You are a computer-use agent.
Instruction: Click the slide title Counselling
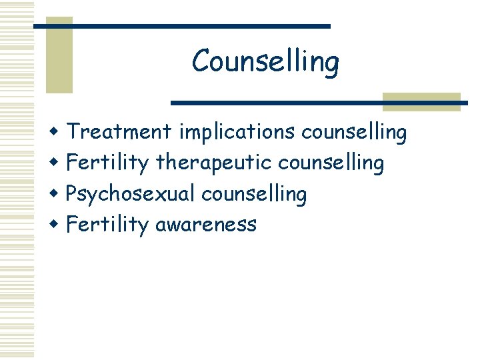265,62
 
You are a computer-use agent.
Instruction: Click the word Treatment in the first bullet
119,132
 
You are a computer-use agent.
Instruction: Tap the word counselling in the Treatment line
354,133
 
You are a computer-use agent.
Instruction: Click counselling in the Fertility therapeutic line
331,163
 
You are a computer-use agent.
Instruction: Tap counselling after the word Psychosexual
254,194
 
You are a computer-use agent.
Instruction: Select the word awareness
205,225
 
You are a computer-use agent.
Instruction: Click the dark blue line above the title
181,26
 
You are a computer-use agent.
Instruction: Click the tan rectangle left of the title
59,60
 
